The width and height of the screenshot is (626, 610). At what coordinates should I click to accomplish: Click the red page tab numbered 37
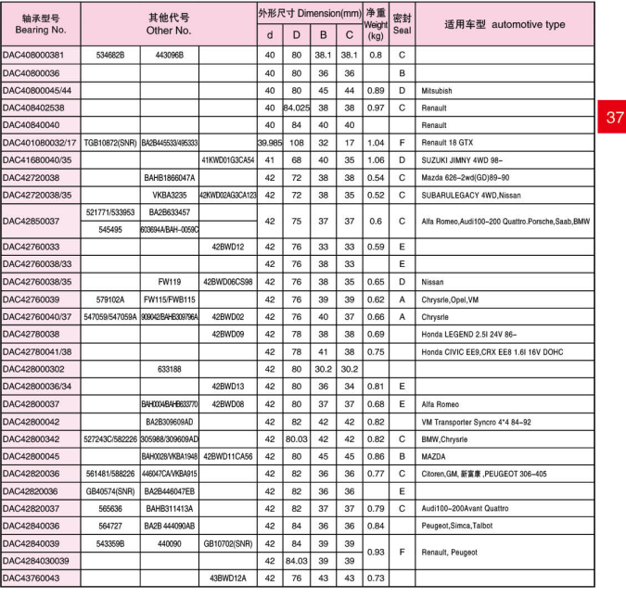tap(614, 118)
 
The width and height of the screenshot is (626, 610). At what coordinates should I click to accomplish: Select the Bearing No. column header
tap(40, 24)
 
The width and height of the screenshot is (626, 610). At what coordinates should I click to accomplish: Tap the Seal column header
tap(402, 24)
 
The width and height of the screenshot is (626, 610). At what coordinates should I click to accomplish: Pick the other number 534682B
tap(110, 56)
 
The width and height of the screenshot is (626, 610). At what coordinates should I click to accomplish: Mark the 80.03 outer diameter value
tap(297, 438)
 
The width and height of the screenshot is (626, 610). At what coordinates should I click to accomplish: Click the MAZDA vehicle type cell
tap(436, 455)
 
